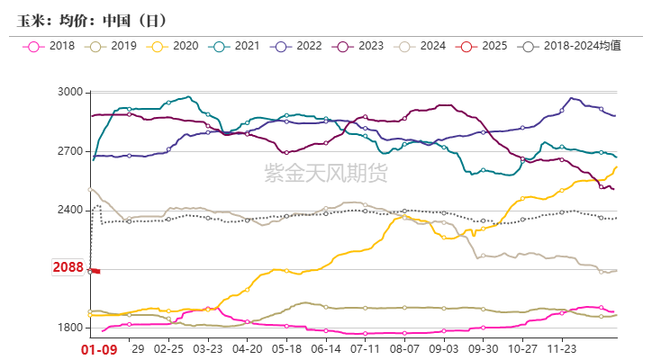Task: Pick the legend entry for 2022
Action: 303,45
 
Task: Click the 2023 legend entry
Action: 367,45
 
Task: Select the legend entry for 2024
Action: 429,45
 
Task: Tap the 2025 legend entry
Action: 491,45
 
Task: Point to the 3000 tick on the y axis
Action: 69,93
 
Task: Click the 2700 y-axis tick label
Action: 69,151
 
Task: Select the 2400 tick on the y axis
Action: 69,210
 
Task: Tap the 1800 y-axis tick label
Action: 69,328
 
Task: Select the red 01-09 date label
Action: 99,347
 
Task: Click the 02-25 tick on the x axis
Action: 169,346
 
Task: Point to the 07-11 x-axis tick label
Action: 365,346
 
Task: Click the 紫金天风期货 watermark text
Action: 325,172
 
